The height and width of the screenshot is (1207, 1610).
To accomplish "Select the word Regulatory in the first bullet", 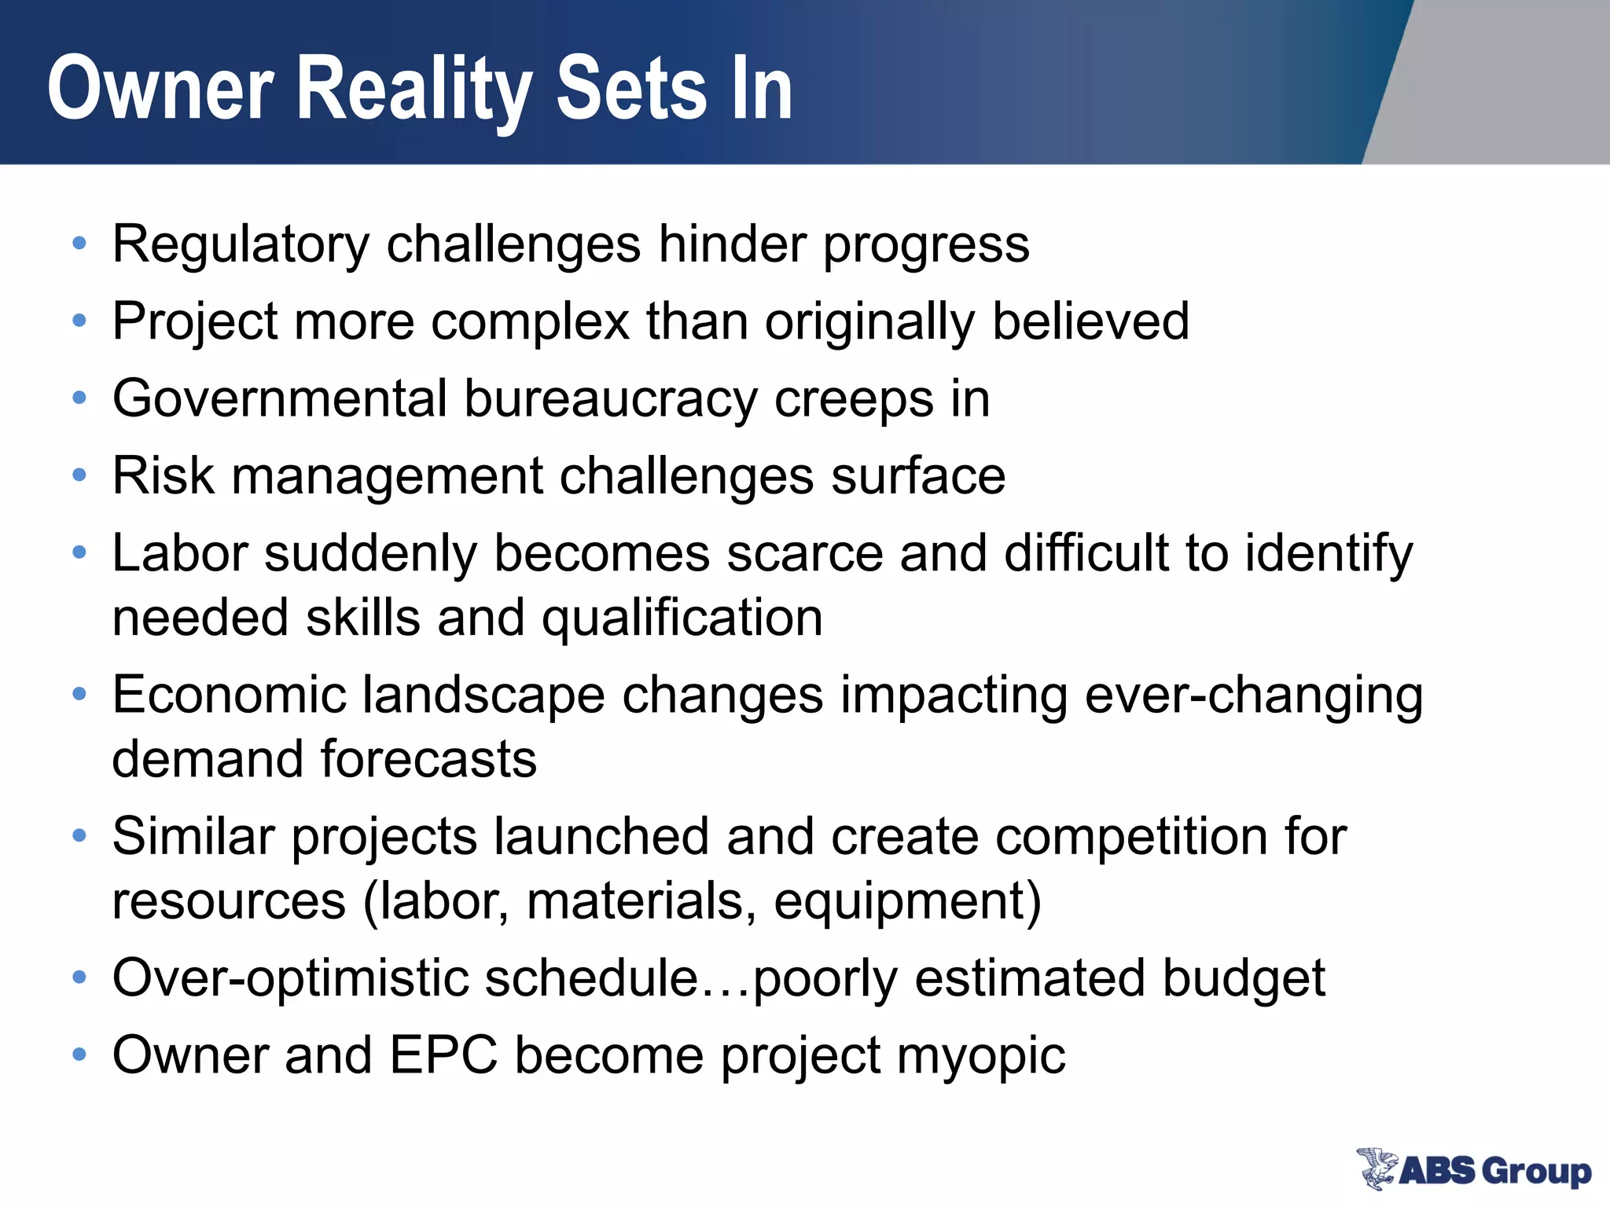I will point(241,244).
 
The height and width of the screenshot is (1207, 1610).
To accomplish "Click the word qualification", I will point(682,618).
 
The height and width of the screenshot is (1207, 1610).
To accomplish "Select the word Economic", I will point(229,695).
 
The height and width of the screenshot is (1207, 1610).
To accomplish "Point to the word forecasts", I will point(428,759).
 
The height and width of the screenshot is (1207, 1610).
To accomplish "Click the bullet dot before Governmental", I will point(79,398).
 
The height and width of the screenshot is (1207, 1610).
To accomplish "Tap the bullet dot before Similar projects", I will point(79,835).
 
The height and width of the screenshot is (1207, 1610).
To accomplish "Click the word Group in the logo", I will point(1536,1172).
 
